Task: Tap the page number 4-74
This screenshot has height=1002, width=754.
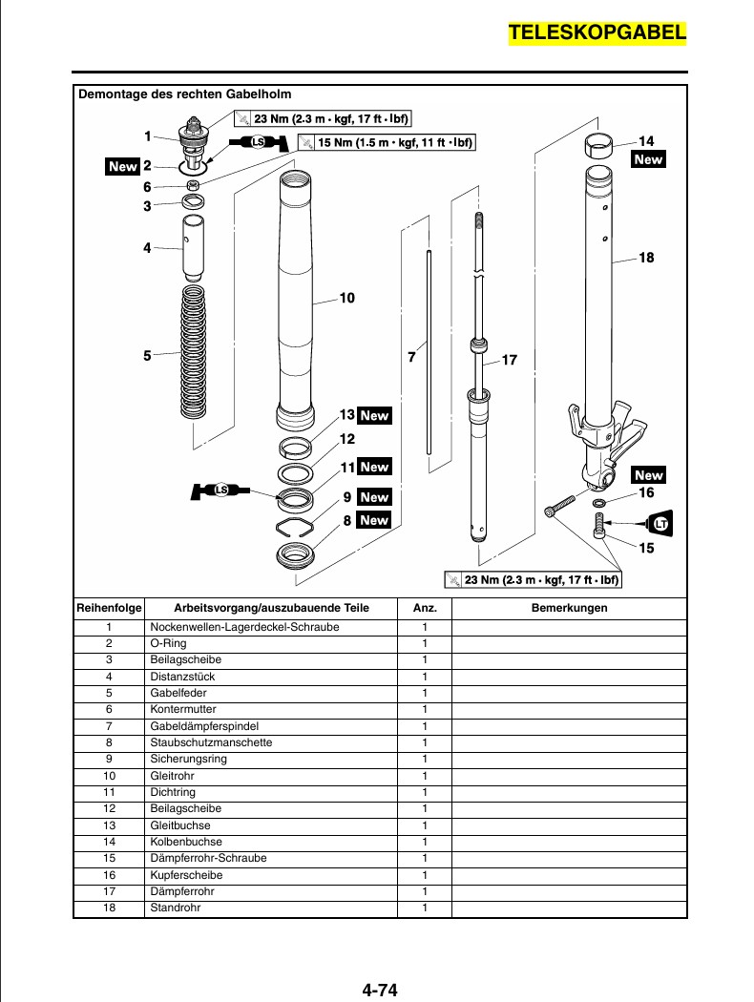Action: (379, 990)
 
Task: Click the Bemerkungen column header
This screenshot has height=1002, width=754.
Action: (569, 608)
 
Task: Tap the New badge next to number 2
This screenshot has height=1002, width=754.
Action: (123, 166)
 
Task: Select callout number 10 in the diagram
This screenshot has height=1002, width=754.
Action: (346, 299)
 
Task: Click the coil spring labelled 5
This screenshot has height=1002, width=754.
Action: (194, 353)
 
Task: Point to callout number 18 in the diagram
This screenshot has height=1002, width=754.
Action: (646, 258)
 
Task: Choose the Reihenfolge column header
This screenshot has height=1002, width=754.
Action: (109, 608)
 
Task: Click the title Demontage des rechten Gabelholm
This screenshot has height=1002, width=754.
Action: (184, 94)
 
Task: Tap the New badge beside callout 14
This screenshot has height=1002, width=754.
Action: (648, 159)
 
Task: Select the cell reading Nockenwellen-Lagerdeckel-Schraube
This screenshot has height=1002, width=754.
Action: (244, 627)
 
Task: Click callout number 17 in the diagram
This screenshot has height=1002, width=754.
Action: (509, 361)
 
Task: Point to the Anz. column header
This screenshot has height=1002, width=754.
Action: (425, 608)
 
